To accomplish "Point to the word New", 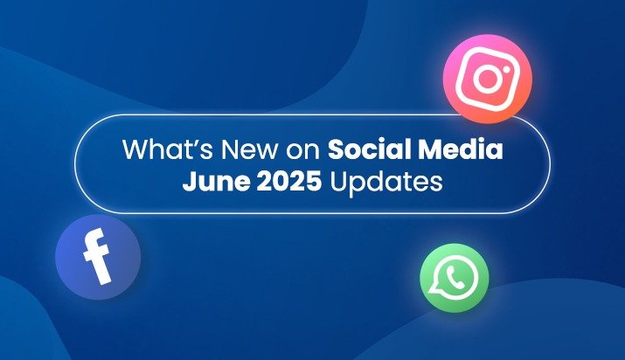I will pyautogui.click(x=239, y=149).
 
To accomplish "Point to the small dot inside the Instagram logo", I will pyautogui.click(x=503, y=66).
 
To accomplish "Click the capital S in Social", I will pyautogui.click(x=335, y=149).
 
